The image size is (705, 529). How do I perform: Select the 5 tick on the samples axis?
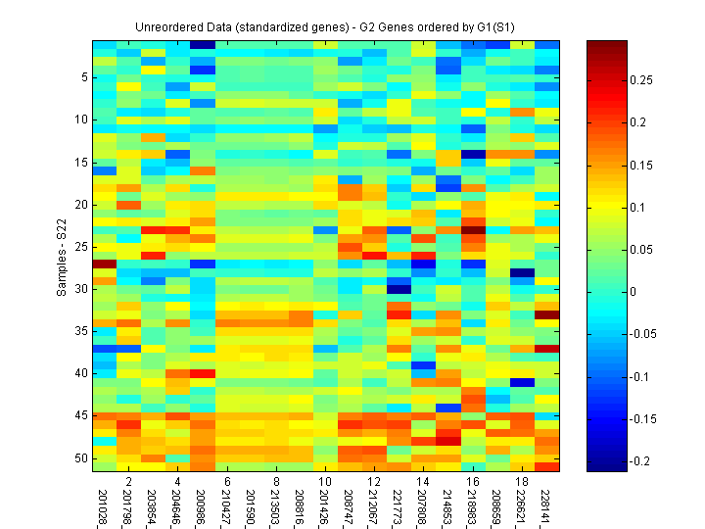pyautogui.click(x=85, y=76)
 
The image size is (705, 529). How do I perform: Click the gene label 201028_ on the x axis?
pyautogui.click(x=104, y=505)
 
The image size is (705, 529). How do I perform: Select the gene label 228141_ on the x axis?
pyautogui.click(x=548, y=505)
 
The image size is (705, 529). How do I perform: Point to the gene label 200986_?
pyautogui.click(x=203, y=505)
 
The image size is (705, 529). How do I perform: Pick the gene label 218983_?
pyautogui.click(x=474, y=505)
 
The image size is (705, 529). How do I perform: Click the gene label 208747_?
pyautogui.click(x=351, y=505)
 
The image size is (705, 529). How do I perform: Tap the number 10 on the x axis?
pyautogui.click(x=326, y=482)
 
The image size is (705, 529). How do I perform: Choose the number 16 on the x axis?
pyautogui.click(x=474, y=482)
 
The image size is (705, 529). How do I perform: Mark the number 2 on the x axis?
pyautogui.click(x=128, y=482)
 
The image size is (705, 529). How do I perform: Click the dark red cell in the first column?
pyautogui.click(x=104, y=264)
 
